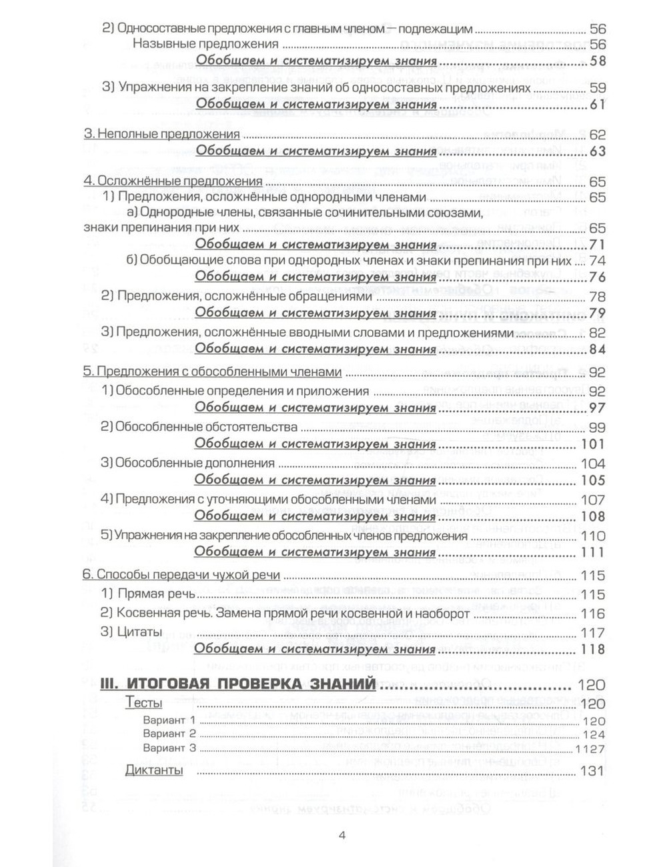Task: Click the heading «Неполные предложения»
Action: coord(161,133)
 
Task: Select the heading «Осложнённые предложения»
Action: coord(173,181)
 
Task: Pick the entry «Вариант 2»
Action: coord(169,734)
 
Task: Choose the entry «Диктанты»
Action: coord(154,771)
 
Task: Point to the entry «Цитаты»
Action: coord(131,632)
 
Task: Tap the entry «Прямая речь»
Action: coord(148,594)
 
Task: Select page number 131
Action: coord(592,771)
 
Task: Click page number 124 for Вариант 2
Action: coord(594,735)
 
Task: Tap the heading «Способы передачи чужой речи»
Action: coord(181,576)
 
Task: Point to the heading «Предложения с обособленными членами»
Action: coord(212,372)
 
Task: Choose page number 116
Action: coord(592,614)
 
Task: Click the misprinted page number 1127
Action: coord(590,749)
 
